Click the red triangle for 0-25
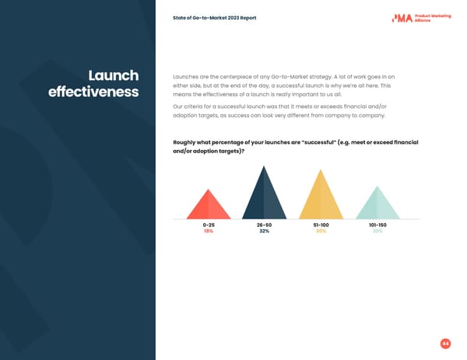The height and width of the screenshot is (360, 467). coord(208,206)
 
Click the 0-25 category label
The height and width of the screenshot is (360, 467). coord(208,225)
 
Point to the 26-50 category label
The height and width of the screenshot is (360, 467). coord(264,225)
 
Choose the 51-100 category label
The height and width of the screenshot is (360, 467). coord(321,225)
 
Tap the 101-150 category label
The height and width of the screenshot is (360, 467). coord(377,225)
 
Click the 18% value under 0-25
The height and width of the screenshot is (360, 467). coord(208,231)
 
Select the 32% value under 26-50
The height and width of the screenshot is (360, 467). coord(264,231)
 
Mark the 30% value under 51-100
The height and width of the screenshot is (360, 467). coord(321,231)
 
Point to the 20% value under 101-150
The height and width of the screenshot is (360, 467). coord(377,231)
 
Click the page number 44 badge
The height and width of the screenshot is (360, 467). coord(445,343)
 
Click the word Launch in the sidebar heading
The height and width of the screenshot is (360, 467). coord(114,75)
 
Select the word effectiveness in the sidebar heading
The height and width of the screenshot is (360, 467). coord(93,93)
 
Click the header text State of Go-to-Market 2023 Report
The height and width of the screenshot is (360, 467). coord(215,18)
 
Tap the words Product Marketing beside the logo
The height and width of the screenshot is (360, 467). coord(433,15)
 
